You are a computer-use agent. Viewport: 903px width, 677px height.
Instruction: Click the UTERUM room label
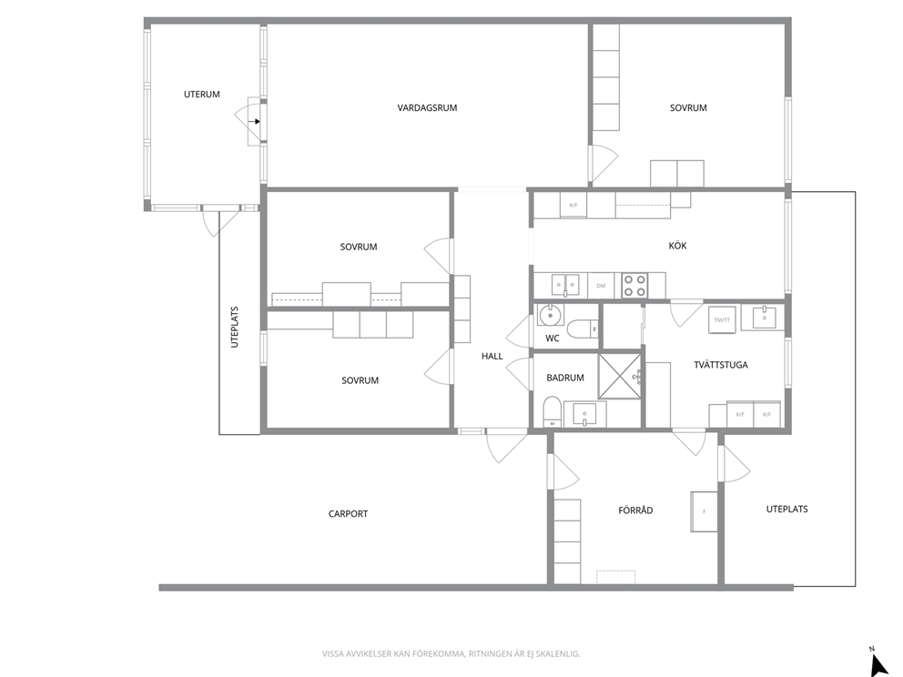[201, 95]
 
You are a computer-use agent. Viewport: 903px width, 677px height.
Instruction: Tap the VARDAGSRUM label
[427, 107]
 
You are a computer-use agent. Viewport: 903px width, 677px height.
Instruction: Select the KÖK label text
[677, 246]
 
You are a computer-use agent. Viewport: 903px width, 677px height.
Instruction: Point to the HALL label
[492, 357]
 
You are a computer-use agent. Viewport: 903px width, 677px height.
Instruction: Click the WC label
[553, 338]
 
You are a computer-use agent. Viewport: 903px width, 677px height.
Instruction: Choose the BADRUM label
[565, 378]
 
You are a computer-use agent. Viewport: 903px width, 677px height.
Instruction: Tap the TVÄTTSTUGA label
[720, 364]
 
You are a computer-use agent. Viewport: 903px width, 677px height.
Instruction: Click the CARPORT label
[348, 514]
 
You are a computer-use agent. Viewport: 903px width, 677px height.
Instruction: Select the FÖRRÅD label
[635, 510]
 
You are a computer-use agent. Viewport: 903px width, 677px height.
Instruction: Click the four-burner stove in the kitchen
[634, 286]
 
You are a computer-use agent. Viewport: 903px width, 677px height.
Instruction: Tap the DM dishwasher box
[601, 286]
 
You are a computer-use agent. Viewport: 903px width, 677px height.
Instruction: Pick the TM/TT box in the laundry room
[722, 319]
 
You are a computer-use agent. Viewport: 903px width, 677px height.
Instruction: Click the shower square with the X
[620, 376]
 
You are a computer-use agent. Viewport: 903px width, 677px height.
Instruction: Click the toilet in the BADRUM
[552, 411]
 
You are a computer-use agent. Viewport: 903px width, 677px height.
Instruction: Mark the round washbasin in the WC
[551, 316]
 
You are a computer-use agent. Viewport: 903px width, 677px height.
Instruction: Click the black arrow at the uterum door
[255, 121]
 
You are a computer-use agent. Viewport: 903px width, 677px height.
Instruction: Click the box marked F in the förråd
[704, 511]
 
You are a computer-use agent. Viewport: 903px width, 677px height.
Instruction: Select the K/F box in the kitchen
[573, 206]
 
